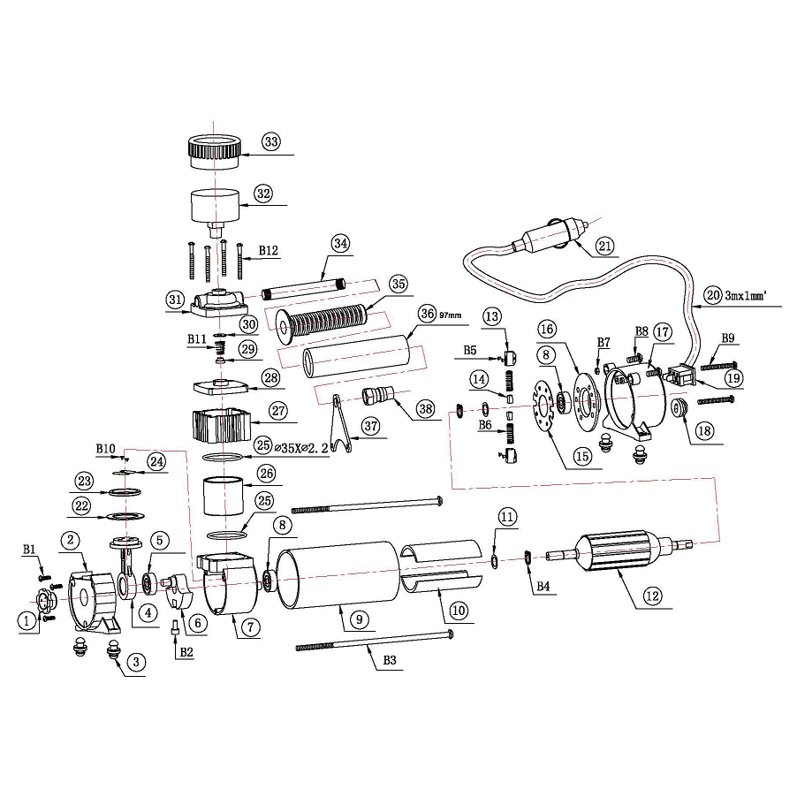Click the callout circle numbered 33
pos(271,142)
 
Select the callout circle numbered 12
pos(651,596)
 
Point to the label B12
pos(268,251)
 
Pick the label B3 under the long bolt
pos(390,660)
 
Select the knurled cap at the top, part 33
pos(215,148)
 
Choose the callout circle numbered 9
pos(359,619)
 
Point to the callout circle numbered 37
pos(369,425)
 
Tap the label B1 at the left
pos(29,550)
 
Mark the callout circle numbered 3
pos(135,661)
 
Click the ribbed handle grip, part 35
pos(329,317)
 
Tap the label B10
pos(106,449)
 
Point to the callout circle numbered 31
pos(174,299)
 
